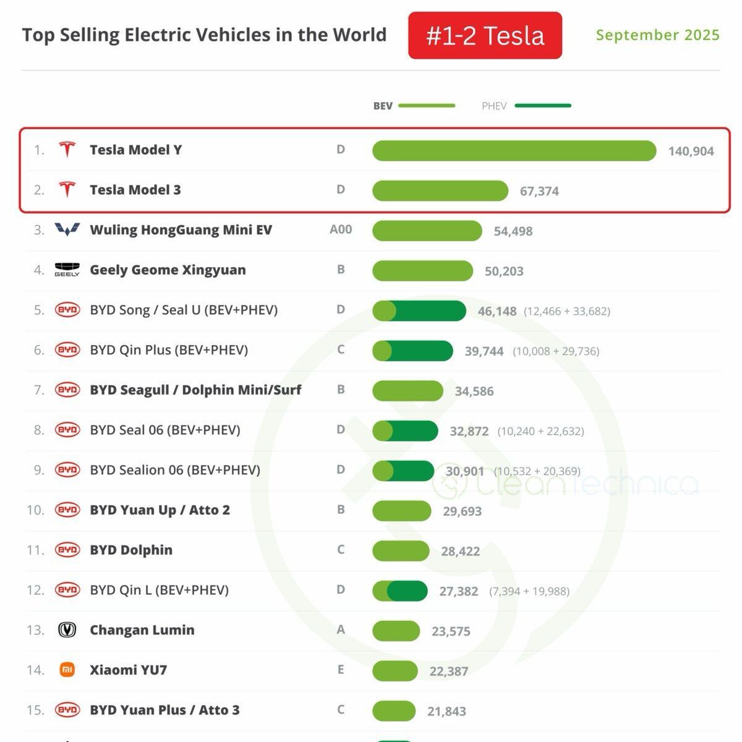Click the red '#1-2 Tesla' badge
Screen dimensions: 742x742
pos(485,36)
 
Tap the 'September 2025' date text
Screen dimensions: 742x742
pos(657,35)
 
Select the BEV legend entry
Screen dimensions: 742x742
pos(414,106)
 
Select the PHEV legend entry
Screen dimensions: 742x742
pos(526,106)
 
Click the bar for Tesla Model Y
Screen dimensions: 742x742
pos(514,151)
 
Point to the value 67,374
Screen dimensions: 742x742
pos(539,192)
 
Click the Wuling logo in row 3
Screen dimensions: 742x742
pos(67,230)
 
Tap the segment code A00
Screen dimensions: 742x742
pos(341,229)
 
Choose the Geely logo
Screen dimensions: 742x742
pos(67,270)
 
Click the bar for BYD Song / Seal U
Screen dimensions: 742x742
pos(419,310)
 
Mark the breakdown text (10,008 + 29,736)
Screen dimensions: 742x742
pos(556,351)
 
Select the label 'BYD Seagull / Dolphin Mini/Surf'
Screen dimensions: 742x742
pos(195,390)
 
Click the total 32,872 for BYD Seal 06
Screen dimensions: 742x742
pos(469,432)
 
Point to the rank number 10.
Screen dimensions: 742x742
pos(35,510)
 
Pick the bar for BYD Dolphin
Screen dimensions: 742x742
pos(401,551)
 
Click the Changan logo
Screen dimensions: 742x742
pos(67,630)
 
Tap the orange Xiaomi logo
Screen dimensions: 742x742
pos(67,670)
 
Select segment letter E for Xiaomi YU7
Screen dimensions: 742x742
pos(341,670)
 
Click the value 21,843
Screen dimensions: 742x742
pos(446,712)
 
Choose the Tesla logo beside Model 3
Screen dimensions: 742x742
pos(67,190)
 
